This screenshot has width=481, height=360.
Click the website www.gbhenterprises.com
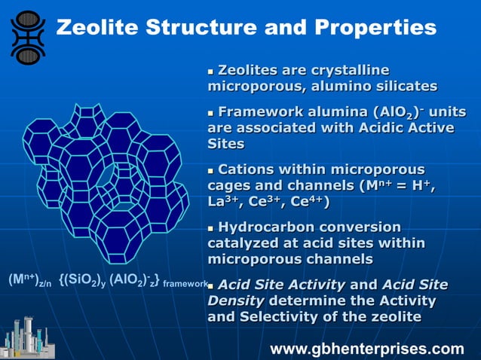coord(367,349)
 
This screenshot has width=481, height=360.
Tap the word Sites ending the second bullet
coord(225,143)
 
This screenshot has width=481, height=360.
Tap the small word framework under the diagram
coord(185,284)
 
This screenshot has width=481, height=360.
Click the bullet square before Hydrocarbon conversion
coord(211,228)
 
